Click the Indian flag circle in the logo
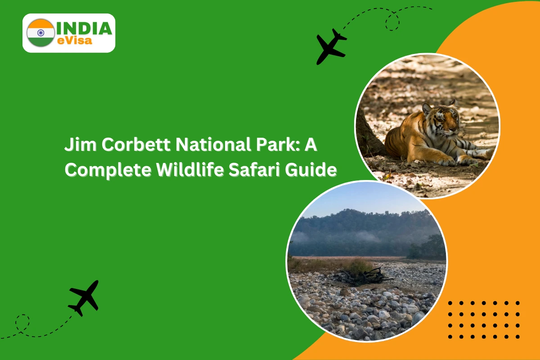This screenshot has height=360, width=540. point(41,33)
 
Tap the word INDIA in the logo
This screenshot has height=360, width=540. point(84,28)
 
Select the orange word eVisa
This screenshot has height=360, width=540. point(75,40)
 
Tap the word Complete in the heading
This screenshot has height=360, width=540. point(108,171)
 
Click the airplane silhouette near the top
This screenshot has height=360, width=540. point(331,46)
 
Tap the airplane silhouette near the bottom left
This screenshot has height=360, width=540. point(84,298)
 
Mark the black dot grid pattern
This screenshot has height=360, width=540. point(484,320)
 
